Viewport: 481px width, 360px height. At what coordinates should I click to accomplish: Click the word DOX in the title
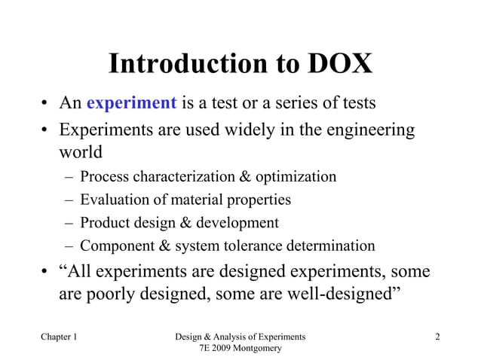pyautogui.click(x=340, y=65)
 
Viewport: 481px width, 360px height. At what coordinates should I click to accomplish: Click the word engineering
pyautogui.click(x=369, y=131)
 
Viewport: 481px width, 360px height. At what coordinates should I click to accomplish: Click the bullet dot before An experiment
pyautogui.click(x=45, y=104)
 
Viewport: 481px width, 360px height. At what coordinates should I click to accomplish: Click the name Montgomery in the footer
pyautogui.click(x=254, y=349)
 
